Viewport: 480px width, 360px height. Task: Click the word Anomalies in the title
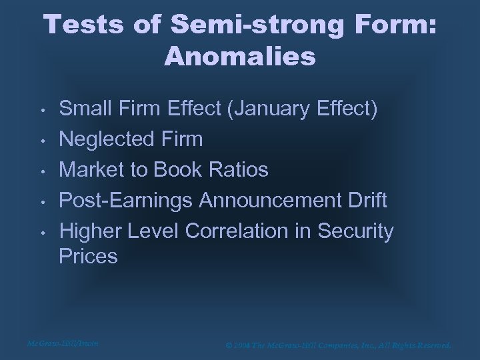click(239, 56)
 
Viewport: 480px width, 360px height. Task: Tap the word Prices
click(89, 257)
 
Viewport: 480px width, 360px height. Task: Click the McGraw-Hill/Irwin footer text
click(63, 343)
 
